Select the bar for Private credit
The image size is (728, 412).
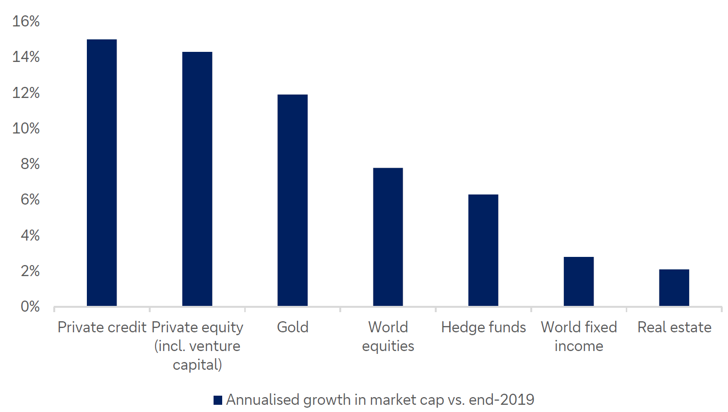102,173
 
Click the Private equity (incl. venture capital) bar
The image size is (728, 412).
197,179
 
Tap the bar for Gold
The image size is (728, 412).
293,200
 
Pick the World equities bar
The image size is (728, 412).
388,237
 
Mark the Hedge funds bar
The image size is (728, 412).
483,250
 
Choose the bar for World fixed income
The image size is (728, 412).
579,281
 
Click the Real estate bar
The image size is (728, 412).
674,288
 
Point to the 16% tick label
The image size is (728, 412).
26,21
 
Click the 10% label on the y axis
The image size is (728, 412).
26,128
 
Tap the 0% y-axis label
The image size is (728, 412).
30,306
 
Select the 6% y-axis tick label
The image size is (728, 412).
30,199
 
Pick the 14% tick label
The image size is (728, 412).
26,57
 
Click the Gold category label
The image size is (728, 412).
293,327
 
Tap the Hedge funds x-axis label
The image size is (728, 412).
483,327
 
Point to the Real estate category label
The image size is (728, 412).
674,327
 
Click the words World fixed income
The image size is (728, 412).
579,336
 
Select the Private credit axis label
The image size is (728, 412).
102,327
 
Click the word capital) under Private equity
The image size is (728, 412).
197,365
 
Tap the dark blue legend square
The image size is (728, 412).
218,400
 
